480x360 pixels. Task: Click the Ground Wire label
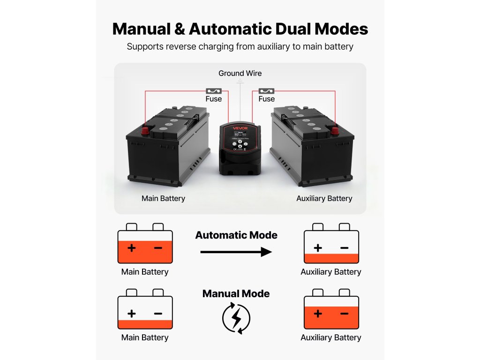[240, 73]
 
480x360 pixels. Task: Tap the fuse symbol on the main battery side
[214, 90]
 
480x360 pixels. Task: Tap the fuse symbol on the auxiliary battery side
[267, 90]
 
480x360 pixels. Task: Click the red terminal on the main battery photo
[145, 130]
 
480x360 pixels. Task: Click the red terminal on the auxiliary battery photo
[335, 130]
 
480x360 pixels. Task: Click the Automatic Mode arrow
[236, 252]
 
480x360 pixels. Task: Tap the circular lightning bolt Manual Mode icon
[236, 318]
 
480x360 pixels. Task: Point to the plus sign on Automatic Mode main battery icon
[132, 247]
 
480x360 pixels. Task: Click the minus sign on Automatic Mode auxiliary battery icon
[344, 247]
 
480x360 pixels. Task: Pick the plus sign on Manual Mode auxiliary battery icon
[318, 313]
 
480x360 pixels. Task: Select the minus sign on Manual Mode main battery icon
[158, 313]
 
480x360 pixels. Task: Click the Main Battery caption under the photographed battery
[163, 198]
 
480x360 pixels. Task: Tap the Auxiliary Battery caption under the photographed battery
[324, 198]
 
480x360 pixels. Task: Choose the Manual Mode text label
[236, 294]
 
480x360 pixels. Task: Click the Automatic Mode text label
[236, 235]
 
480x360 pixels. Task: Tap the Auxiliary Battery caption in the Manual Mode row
[331, 337]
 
